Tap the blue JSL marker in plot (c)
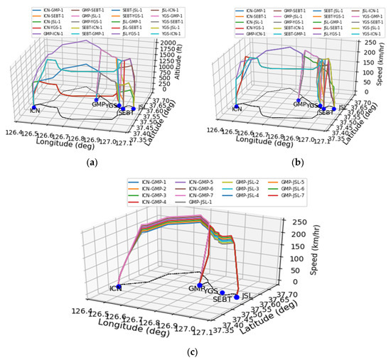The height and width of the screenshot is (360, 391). (237, 297)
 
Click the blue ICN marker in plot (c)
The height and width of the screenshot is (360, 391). (119, 286)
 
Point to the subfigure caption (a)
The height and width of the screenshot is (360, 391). (91, 163)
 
